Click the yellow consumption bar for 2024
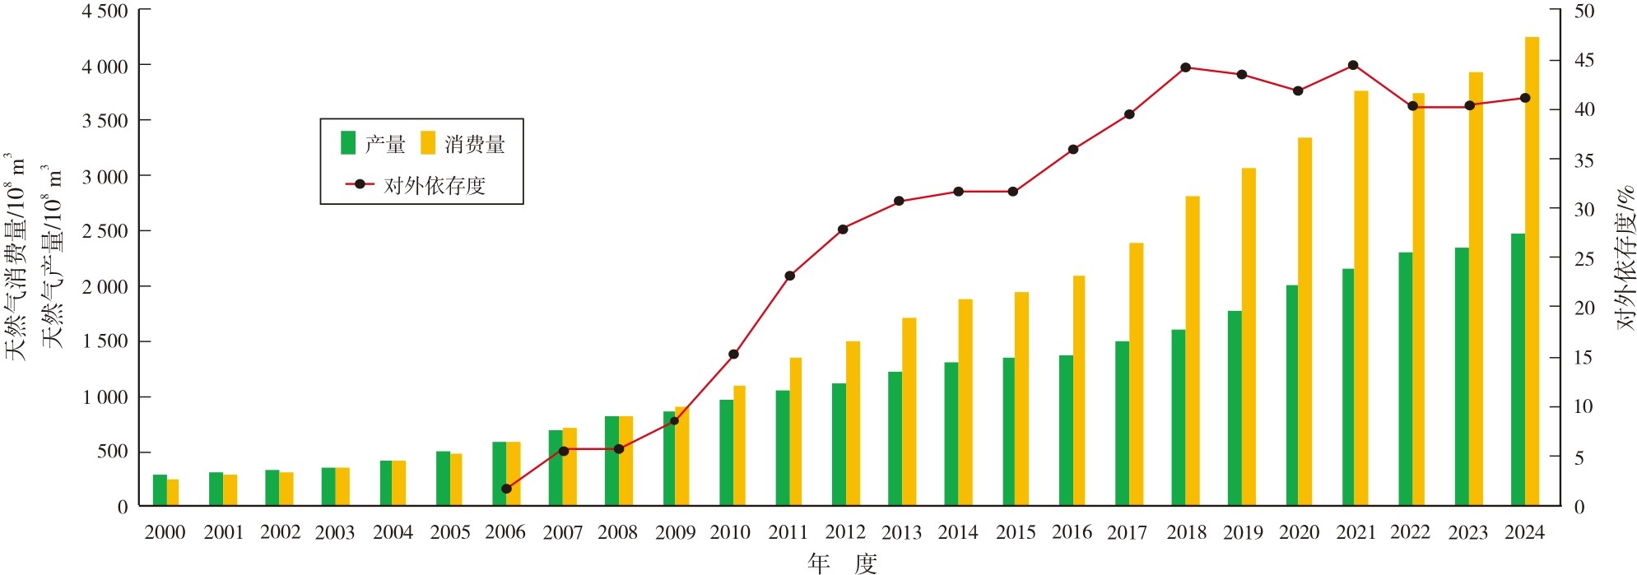coord(1532,271)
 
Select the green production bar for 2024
coord(1518,369)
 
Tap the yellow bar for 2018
coord(1193,350)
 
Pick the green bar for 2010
coord(726,452)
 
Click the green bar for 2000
coord(160,490)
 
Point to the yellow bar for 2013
coord(909,411)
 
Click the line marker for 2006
coord(506,489)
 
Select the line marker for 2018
coord(1185,67)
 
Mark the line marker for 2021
coord(1353,65)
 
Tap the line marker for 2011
coord(789,276)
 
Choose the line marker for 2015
coord(1013,192)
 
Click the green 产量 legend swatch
coord(348,143)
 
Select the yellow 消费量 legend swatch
coord(428,143)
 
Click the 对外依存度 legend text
coord(435,186)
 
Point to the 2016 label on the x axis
coord(1072,532)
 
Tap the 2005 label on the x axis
coord(449,532)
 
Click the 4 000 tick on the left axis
coord(105,66)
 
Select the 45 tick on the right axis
coord(1584,60)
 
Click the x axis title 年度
coord(842,563)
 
